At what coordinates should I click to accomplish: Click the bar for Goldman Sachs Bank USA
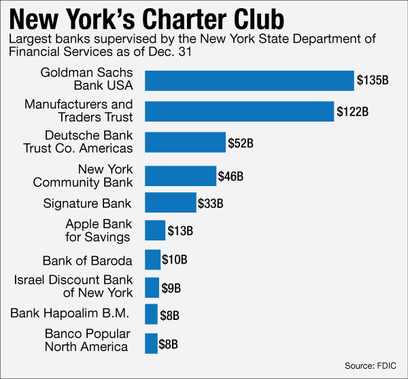point(250,80)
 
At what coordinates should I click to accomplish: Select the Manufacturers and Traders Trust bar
point(239,111)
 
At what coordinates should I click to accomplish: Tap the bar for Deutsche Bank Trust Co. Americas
point(185,143)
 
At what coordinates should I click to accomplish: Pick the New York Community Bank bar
point(180,176)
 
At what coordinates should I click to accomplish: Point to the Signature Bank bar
point(170,202)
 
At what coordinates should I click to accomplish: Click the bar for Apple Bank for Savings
point(155,230)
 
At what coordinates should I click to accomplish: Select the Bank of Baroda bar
point(152,259)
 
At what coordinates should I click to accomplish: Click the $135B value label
point(373,80)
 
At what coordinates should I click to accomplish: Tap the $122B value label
point(353,111)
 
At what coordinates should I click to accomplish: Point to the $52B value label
point(240,143)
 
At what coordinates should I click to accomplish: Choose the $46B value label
point(231,177)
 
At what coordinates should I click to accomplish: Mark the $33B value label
point(210,202)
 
